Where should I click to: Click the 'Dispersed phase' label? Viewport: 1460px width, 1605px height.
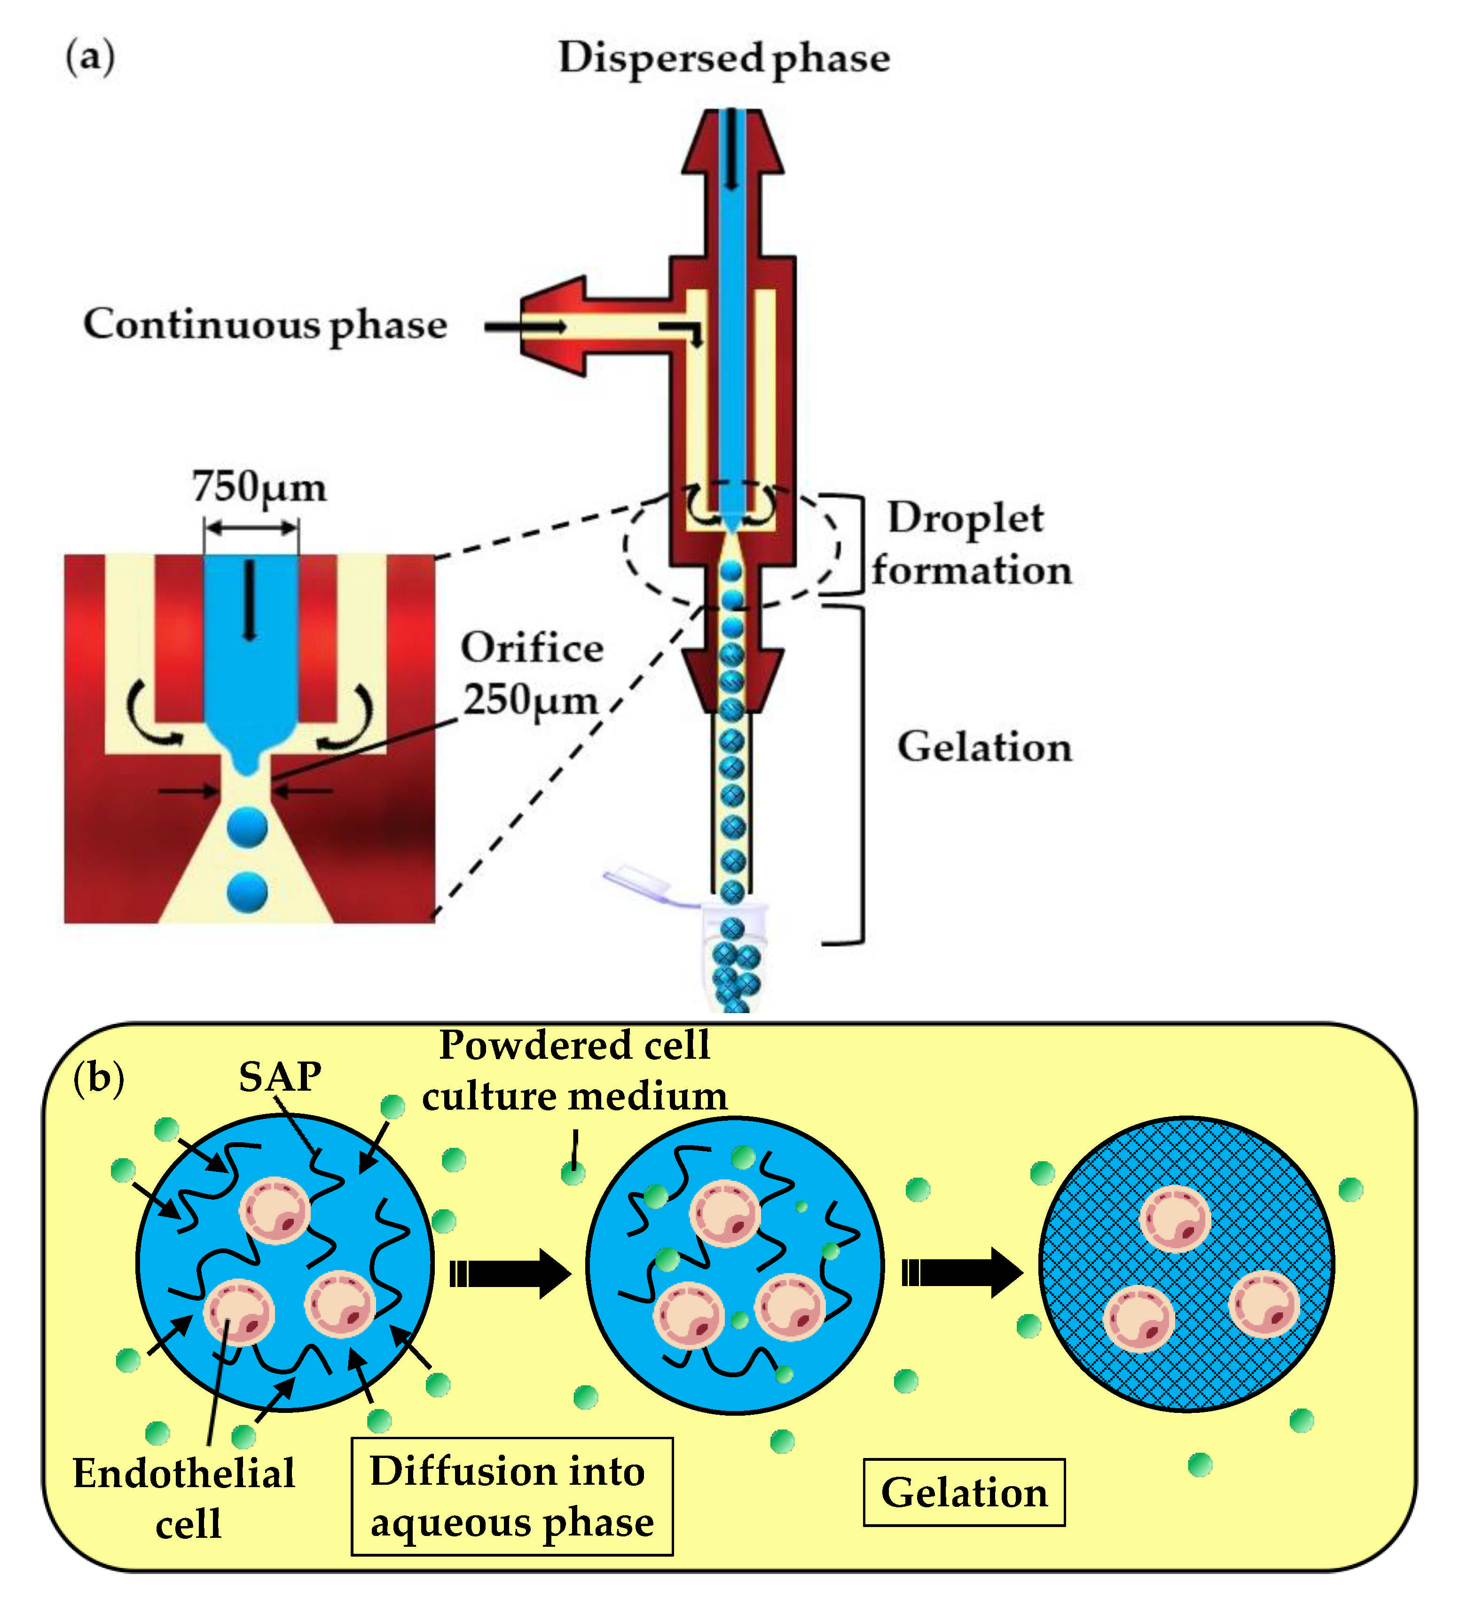[723, 58]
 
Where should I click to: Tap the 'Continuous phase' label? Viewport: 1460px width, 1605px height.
[265, 325]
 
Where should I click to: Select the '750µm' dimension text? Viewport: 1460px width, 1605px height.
[259, 487]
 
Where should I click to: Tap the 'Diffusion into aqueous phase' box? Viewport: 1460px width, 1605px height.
[511, 1496]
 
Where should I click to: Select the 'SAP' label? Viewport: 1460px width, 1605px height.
[280, 1077]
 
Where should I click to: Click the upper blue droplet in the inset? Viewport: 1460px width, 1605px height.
[247, 827]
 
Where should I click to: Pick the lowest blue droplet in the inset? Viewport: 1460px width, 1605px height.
[247, 892]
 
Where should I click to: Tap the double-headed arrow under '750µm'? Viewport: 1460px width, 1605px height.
[251, 527]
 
